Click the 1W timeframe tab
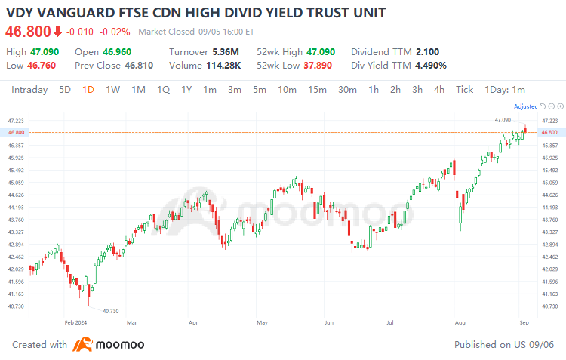(x=112, y=90)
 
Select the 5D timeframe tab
(x=65, y=90)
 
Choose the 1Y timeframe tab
(x=186, y=90)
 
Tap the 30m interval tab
(x=347, y=90)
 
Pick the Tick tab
(x=464, y=90)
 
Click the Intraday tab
(x=29, y=90)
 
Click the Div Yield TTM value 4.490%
(x=430, y=65)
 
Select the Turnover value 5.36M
(x=226, y=51)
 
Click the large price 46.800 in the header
(x=28, y=31)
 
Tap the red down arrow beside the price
(x=57, y=31)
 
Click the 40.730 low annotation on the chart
(x=110, y=311)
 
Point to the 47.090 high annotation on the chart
(x=503, y=120)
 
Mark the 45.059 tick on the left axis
(x=15, y=183)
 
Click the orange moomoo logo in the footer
(x=82, y=345)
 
